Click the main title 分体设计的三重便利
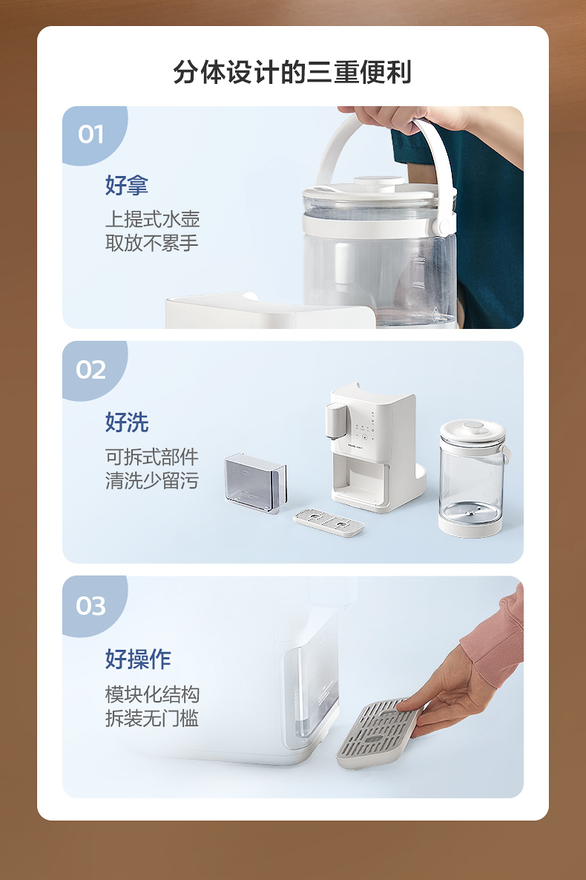coord(292,72)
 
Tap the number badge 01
coord(90,134)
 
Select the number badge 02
coord(90,371)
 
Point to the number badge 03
coord(90,606)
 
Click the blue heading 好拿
coord(127,185)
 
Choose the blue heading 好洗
coord(127,422)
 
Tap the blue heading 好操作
coord(138,659)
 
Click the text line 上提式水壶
coord(153,219)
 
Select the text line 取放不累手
coord(152,243)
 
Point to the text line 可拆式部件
coord(152,457)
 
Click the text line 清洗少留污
coord(152,481)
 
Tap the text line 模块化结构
coord(153,694)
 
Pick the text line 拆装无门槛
coord(152,718)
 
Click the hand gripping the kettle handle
coord(392,117)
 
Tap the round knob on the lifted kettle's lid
coord(378,183)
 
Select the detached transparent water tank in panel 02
coord(256,483)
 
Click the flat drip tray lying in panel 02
coord(329,523)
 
